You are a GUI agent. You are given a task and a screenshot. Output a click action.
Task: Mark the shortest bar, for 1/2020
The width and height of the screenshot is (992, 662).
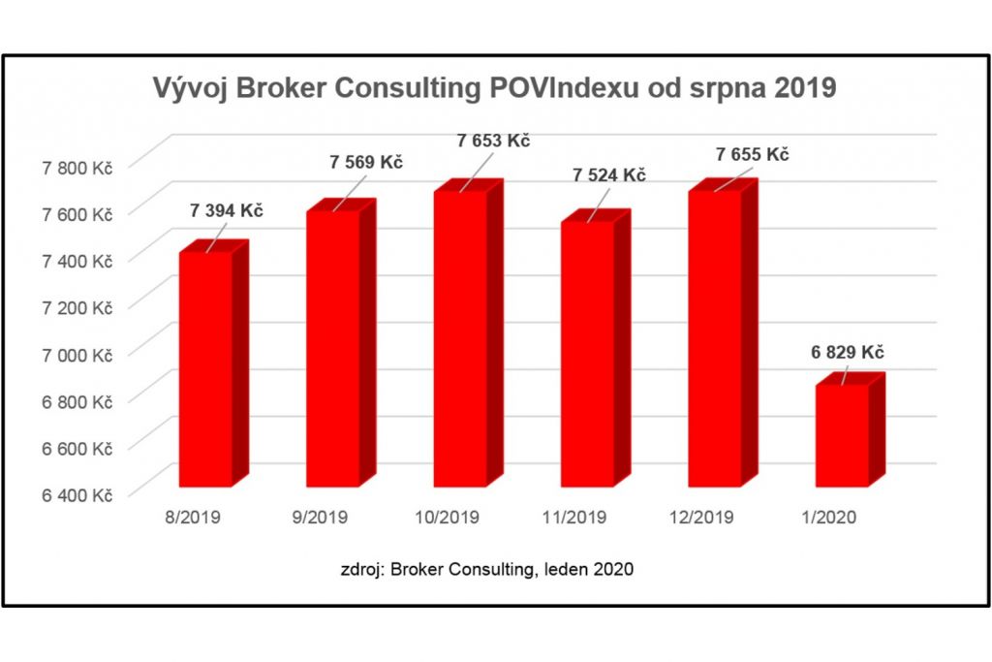coord(842,435)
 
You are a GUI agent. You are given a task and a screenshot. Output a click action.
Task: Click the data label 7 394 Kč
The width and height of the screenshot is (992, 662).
coord(227,210)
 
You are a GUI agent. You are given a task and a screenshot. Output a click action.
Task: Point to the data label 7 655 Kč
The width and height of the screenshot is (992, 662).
coord(752,154)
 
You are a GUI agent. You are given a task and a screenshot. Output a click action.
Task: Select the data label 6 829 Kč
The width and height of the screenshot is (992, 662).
coord(848,352)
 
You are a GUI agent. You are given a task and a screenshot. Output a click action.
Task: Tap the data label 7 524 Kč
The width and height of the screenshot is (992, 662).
coord(609,175)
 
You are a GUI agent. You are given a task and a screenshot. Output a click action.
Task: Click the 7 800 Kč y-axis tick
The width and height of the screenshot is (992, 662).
coord(77,167)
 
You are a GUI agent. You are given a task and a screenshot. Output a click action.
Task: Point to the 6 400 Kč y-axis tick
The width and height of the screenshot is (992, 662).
coord(77,495)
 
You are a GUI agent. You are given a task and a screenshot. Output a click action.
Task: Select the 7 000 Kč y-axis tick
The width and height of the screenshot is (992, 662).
coord(77,355)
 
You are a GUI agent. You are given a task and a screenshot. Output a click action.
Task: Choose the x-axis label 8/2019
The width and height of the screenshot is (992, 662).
coord(194,517)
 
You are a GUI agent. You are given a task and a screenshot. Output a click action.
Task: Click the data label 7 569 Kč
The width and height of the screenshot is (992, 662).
coord(365,162)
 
